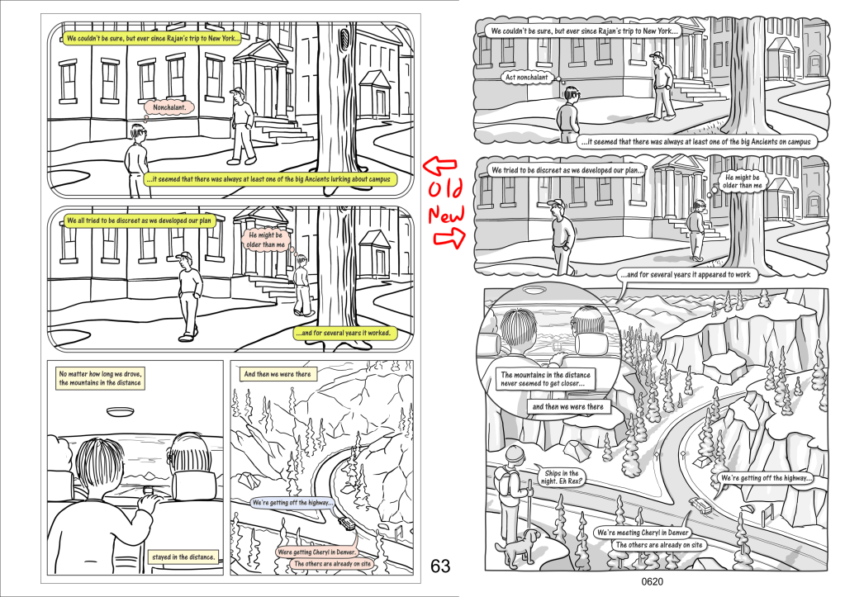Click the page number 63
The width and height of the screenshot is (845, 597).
(x=439, y=566)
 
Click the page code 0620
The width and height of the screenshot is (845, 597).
(x=652, y=582)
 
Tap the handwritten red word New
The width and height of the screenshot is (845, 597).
(x=446, y=215)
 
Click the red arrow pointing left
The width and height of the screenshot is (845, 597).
(x=439, y=165)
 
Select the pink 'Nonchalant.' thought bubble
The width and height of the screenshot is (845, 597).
(x=169, y=107)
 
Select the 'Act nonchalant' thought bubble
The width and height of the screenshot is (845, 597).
(x=526, y=77)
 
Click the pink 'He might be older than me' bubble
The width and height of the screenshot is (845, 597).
(x=266, y=239)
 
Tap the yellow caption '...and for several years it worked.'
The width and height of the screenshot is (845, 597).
(x=345, y=333)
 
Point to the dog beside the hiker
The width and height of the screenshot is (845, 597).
(x=519, y=545)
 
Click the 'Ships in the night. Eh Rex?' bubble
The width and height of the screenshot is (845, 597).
(x=561, y=476)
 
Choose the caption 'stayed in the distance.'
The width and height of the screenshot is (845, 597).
(x=183, y=557)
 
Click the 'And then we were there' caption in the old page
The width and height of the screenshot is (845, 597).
(x=278, y=374)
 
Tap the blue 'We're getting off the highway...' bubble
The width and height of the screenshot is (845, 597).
(x=292, y=503)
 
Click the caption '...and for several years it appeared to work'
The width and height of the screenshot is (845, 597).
(x=686, y=275)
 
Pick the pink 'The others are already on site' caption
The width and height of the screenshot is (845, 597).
(x=333, y=564)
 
